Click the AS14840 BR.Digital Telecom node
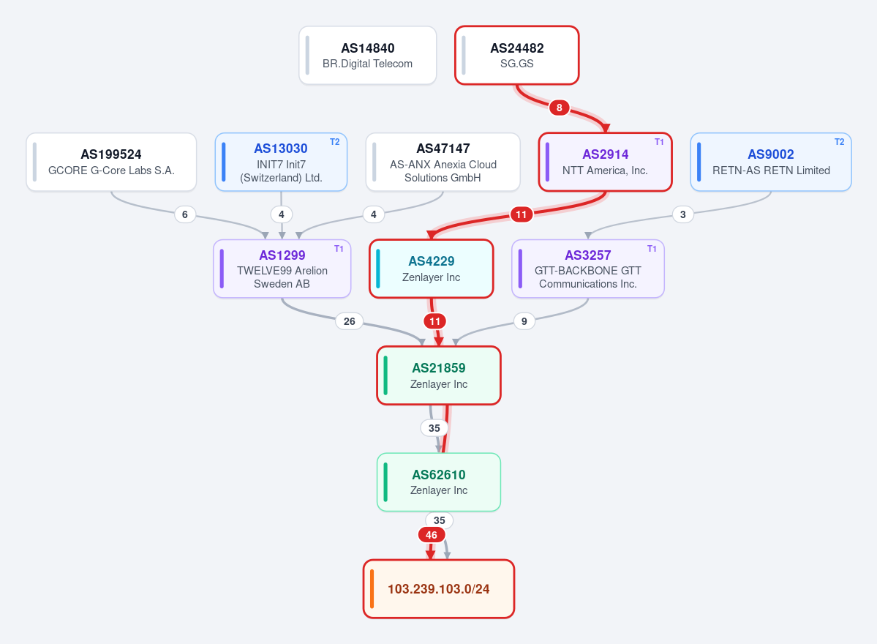click(x=367, y=56)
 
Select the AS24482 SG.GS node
click(x=517, y=56)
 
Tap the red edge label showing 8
click(x=560, y=108)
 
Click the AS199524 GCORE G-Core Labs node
click(x=111, y=162)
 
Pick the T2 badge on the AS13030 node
click(x=334, y=142)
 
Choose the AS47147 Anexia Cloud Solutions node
click(x=443, y=162)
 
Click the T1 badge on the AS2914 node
click(x=660, y=142)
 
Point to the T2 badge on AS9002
click(x=840, y=142)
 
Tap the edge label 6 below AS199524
click(x=185, y=214)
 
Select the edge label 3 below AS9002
click(x=683, y=214)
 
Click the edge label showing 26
click(x=350, y=321)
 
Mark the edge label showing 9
click(x=524, y=321)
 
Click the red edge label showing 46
click(x=432, y=535)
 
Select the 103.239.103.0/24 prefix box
click(x=439, y=589)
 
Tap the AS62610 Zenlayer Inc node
click(x=439, y=482)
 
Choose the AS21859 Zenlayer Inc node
click(x=439, y=375)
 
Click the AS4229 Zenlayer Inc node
click(x=432, y=269)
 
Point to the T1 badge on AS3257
click(x=652, y=248)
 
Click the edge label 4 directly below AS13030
click(x=282, y=214)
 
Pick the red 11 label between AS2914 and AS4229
click(x=522, y=214)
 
